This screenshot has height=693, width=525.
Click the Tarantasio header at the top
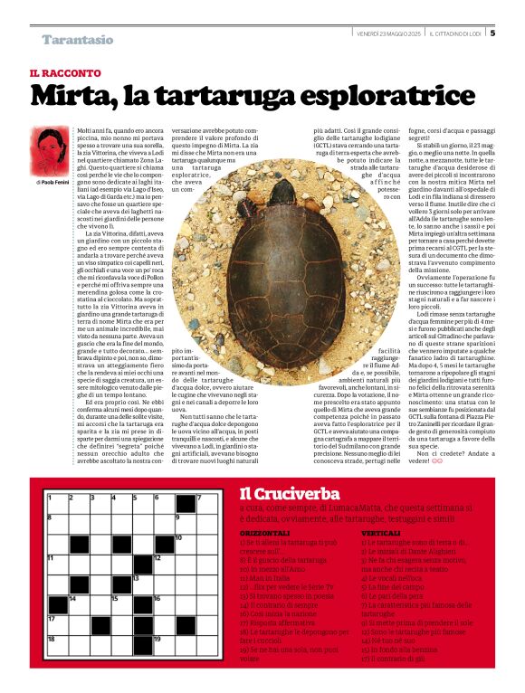pyautogui.click(x=77, y=40)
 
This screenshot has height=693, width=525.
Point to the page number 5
pyautogui.click(x=492, y=34)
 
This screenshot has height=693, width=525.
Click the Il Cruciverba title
pyautogui.click(x=289, y=493)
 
